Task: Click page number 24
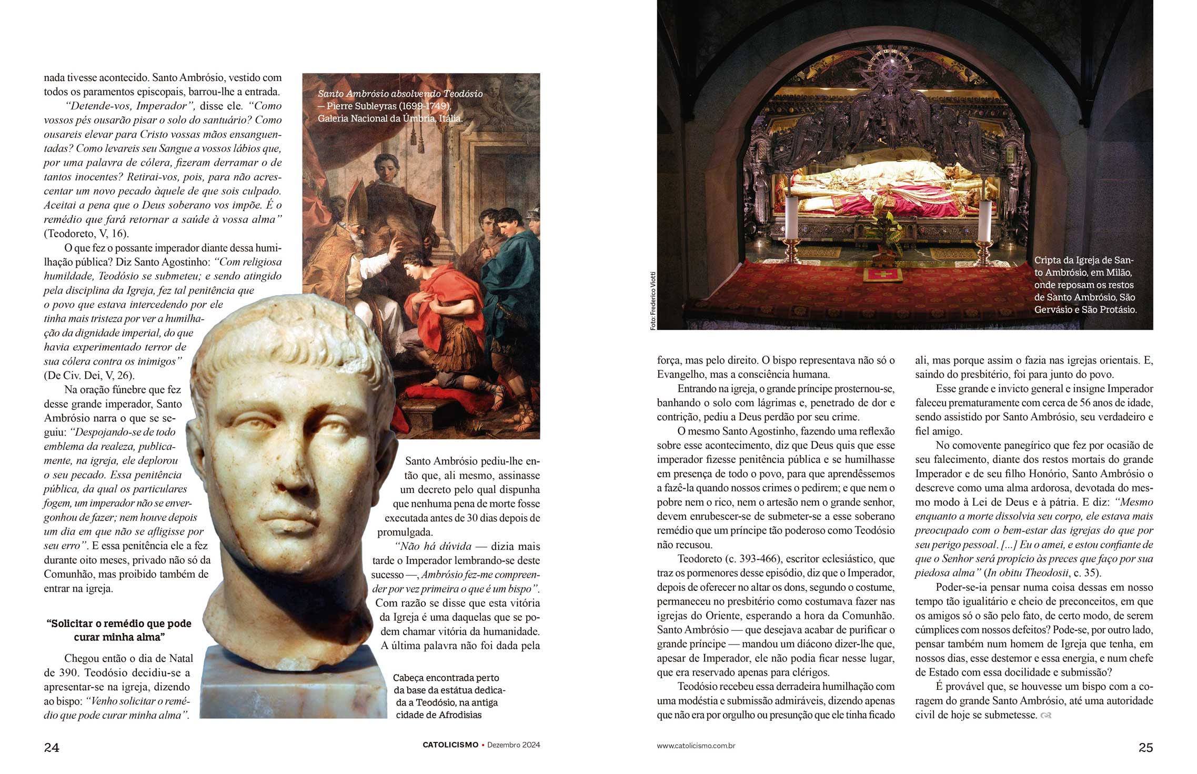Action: (52, 747)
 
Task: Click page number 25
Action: (1145, 747)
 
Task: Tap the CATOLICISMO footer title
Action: (450, 745)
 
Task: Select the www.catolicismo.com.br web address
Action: (696, 746)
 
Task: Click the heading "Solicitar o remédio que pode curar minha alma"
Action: (119, 630)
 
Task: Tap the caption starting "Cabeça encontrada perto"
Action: (449, 696)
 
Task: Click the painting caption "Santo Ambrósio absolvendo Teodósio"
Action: (400, 94)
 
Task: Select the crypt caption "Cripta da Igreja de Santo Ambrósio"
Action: (1085, 285)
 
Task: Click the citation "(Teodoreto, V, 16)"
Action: (86, 234)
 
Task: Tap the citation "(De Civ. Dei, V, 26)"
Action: (89, 376)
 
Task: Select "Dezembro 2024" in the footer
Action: (514, 745)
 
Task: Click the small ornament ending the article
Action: (1046, 716)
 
